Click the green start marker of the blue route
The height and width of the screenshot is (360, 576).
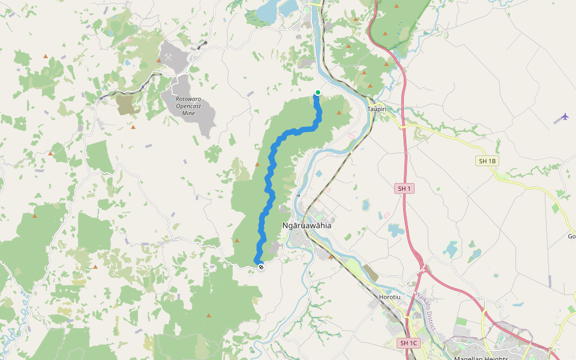pos(318,92)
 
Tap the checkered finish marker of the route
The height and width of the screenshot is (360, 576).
pos(260,267)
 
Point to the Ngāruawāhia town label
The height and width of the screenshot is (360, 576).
pos(307,226)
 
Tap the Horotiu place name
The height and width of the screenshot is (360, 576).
pos(389,297)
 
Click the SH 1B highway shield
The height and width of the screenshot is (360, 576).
pos(487,161)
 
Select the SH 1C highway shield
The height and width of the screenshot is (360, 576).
pos(409,343)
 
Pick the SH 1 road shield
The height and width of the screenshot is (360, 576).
pos(404,188)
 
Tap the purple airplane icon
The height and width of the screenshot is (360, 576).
pos(565,116)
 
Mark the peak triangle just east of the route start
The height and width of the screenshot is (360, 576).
pos(340,112)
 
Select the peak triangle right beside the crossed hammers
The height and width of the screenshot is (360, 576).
pos(158,61)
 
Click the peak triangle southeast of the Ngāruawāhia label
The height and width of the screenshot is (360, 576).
pos(331,257)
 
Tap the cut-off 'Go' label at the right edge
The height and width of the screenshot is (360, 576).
pos(571,236)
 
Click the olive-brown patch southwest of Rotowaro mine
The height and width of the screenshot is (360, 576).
pos(127,105)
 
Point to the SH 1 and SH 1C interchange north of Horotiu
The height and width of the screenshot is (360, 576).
pos(422,266)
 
